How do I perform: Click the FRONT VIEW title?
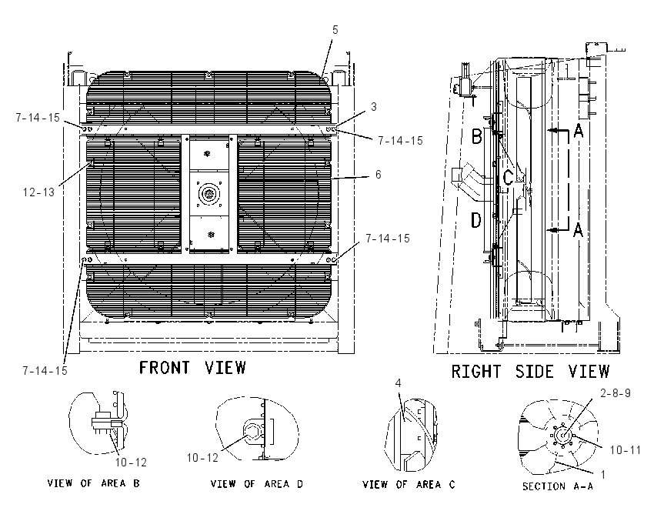[x=192, y=368]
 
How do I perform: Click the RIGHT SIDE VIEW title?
[x=531, y=371]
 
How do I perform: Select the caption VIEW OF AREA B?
[x=93, y=483]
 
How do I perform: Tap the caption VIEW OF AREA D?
[x=256, y=484]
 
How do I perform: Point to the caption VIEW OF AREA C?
[x=409, y=484]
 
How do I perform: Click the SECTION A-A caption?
[x=558, y=486]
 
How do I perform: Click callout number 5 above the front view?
[x=335, y=30]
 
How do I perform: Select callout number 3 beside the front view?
[x=374, y=107]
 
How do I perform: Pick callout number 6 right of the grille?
[x=379, y=175]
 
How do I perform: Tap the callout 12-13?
[x=38, y=192]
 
